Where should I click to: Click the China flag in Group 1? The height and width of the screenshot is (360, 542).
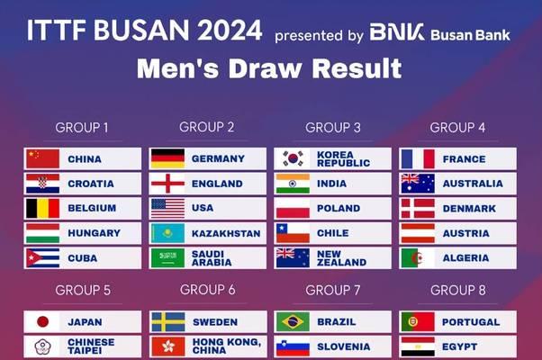pos(43,159)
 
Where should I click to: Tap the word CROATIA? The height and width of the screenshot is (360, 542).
pos(91,184)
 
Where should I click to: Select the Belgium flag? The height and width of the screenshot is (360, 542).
pos(43,209)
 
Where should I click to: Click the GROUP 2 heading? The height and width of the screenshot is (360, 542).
pos(207,127)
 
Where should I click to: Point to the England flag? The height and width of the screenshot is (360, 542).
pos(168,184)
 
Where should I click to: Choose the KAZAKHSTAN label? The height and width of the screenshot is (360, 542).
pos(226,234)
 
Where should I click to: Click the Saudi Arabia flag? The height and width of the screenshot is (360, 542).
pos(168,258)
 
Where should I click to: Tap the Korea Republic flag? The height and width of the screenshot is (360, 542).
pos(294,159)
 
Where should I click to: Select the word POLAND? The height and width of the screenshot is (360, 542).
pos(339,208)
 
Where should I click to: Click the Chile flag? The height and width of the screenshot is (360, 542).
pos(294,233)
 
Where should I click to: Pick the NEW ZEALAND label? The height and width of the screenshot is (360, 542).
pos(341,258)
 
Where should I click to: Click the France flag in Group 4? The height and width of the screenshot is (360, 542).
pos(419,159)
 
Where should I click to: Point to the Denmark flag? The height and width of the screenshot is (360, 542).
pos(419,209)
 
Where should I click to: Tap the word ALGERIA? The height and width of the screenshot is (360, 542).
pos(466,258)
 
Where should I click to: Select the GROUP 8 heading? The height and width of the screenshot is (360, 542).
pos(458,290)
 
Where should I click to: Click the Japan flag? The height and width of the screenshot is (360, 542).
pos(43,322)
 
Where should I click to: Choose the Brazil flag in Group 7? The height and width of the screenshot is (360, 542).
pos(294,322)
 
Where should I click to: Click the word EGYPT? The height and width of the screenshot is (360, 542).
pos(460,346)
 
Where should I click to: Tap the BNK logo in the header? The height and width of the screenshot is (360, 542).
pos(397,32)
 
